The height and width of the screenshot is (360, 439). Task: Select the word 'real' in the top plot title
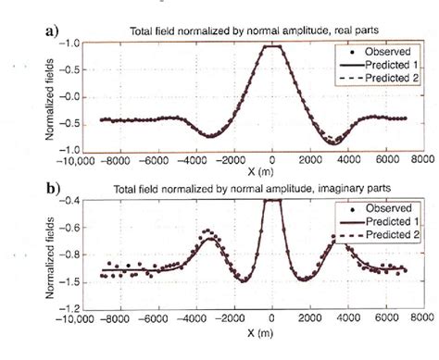[320, 35]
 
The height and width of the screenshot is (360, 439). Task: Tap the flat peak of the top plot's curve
[270, 46]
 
